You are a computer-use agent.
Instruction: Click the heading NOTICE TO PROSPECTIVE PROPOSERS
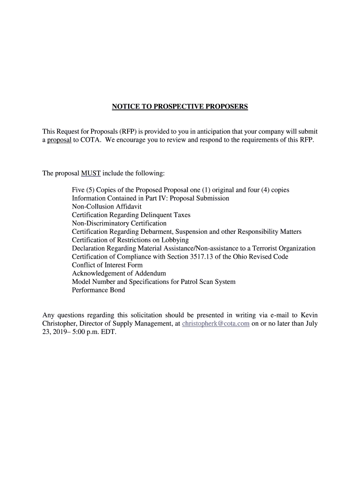coord(180,107)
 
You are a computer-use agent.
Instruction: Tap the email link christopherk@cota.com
coord(216,324)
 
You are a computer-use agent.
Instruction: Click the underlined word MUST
coord(91,174)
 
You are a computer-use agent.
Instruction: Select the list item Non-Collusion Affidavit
coord(107,206)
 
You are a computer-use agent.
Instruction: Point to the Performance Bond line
coord(98,290)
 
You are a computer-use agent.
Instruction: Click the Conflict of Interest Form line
coord(107,265)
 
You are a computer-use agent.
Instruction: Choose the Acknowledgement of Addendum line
coord(119,273)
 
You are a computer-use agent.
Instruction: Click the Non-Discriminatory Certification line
coord(119,223)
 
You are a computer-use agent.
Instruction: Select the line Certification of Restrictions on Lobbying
coord(130,240)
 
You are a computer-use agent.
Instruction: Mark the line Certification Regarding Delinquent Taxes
coord(131,215)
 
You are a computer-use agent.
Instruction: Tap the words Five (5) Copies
coord(94,189)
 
